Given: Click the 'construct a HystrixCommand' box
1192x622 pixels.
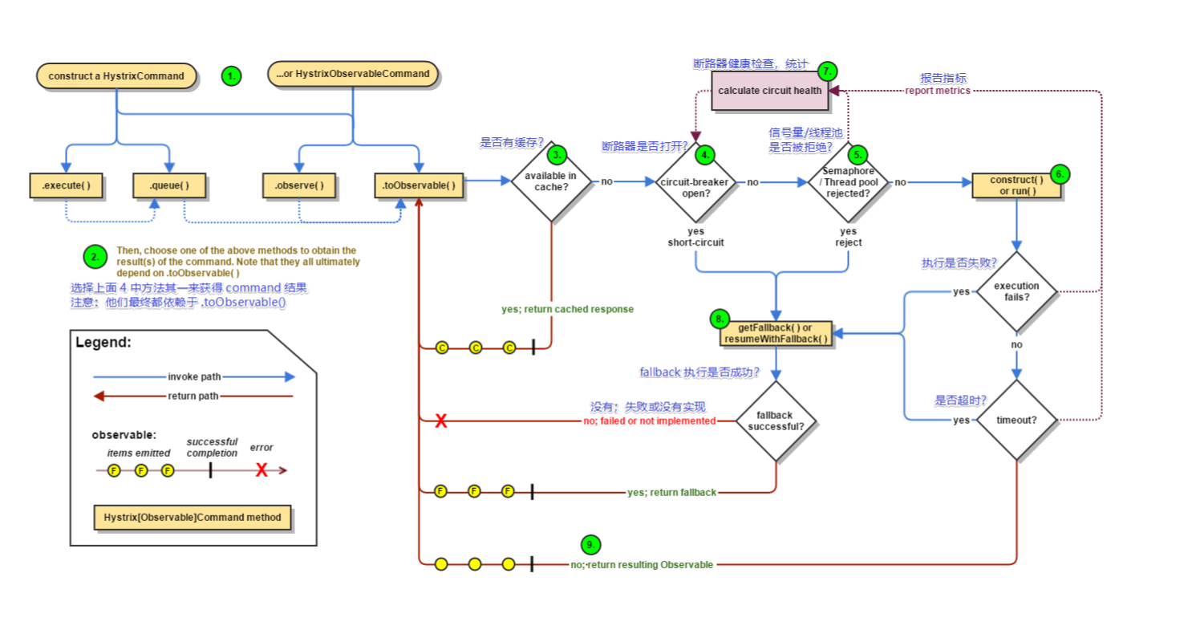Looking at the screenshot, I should coord(116,76).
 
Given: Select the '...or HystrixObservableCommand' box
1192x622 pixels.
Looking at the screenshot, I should coord(353,74).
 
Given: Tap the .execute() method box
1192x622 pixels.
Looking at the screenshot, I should coord(66,185).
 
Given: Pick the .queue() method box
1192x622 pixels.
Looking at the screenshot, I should coord(169,185).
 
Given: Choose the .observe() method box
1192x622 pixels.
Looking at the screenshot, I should coord(299,185).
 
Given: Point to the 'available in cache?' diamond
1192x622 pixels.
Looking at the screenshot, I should coord(550,181).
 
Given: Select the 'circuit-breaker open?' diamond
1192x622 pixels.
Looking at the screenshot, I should coord(695,182).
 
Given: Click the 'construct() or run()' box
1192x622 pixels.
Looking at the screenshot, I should coord(1016,185).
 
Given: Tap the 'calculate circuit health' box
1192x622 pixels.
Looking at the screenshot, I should coord(770,90).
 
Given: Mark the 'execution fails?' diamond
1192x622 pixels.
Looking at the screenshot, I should coord(1016,291).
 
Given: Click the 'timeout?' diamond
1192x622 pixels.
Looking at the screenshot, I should coord(1016,420).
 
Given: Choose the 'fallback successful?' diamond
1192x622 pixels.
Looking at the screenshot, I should coord(776,421).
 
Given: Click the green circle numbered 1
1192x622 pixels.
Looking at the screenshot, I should coord(231,77).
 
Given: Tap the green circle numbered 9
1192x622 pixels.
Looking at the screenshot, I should coord(590,544).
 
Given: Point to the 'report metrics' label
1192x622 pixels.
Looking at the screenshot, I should coord(938,91).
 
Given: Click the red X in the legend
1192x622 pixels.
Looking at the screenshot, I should coord(262,470).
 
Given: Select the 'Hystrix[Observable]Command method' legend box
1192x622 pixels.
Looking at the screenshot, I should coord(193,518).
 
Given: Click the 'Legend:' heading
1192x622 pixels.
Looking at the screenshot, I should coord(103,343).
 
